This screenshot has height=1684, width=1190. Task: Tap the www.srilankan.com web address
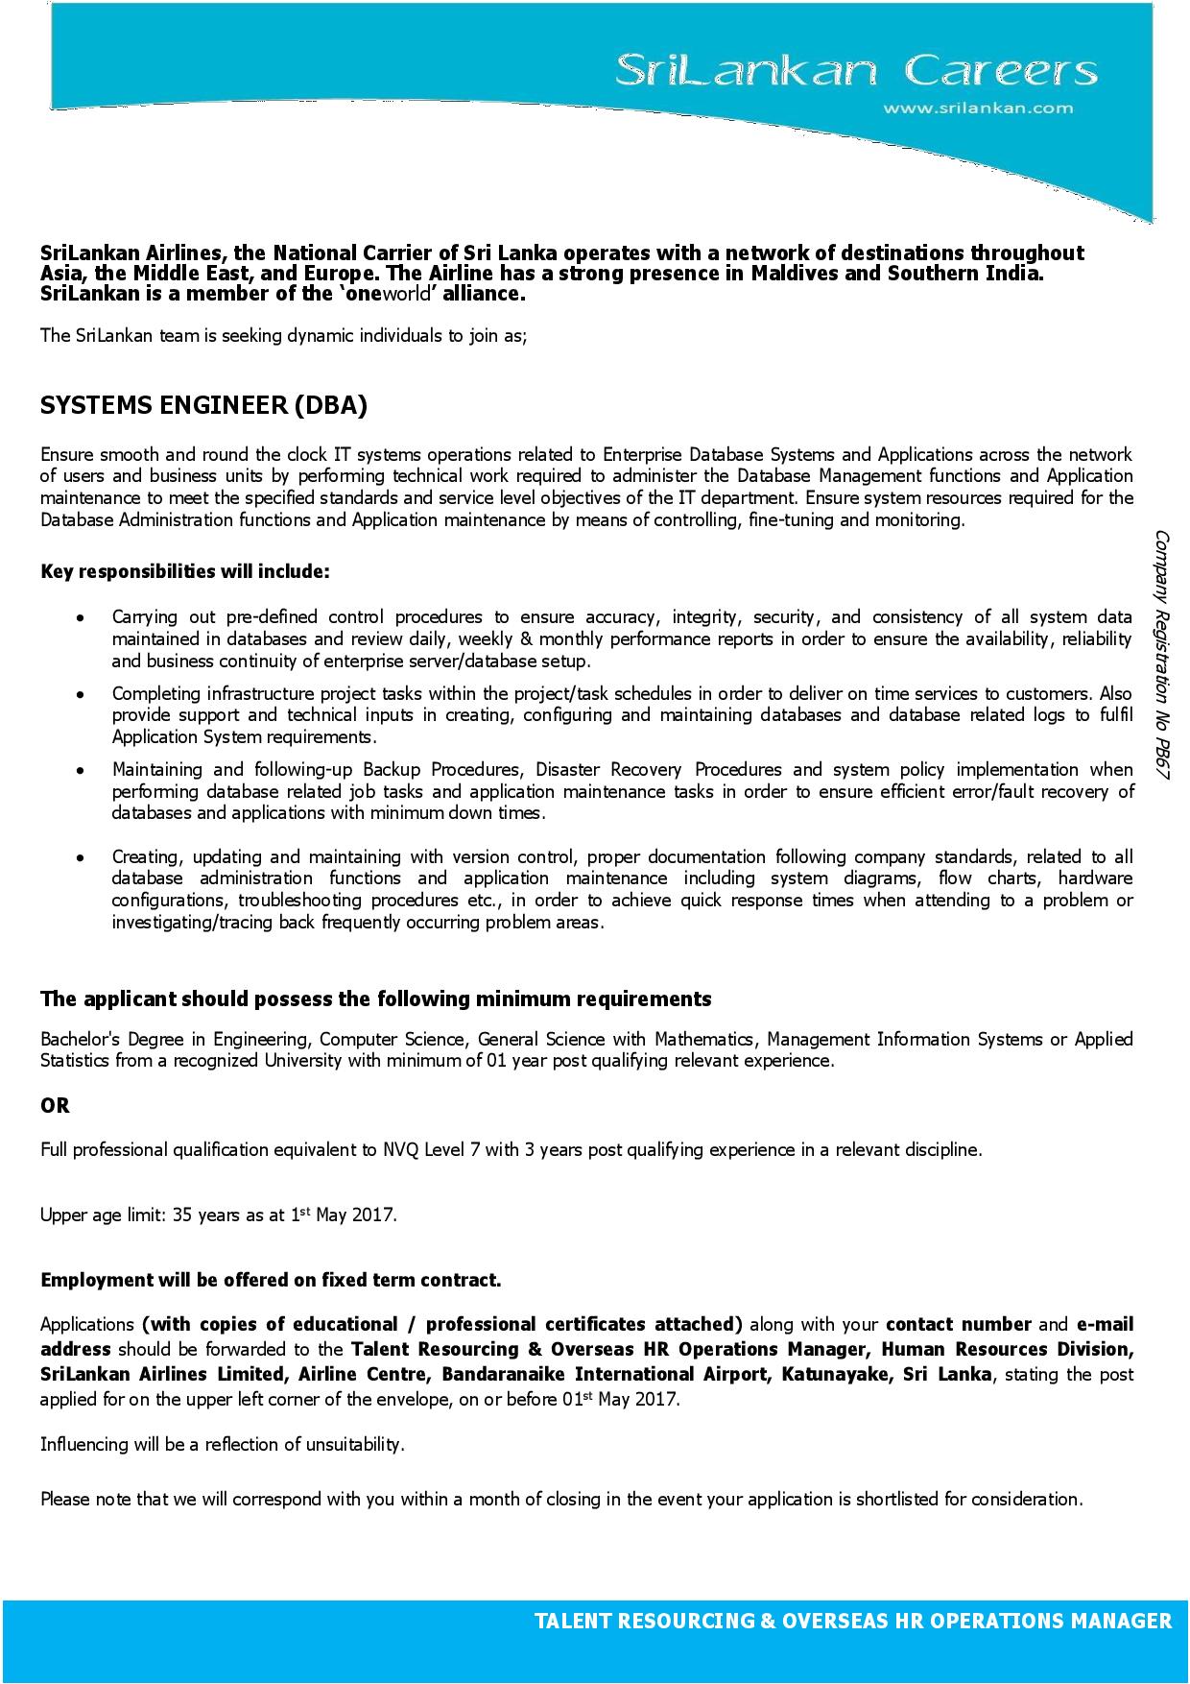pyautogui.click(x=978, y=108)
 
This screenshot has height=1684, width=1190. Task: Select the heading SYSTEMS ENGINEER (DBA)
pyautogui.click(x=203, y=405)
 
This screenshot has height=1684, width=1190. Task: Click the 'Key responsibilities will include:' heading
pyautogui.click(x=185, y=571)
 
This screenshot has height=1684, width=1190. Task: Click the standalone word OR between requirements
pyautogui.click(x=56, y=1105)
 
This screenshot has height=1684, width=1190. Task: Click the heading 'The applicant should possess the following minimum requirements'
pyautogui.click(x=375, y=998)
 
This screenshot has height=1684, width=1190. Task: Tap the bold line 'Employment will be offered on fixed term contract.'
pyautogui.click(x=271, y=1280)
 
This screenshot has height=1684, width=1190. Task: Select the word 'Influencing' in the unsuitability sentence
pyautogui.click(x=83, y=1444)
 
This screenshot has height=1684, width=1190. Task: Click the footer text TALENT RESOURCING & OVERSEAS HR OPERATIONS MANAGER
pyautogui.click(x=852, y=1621)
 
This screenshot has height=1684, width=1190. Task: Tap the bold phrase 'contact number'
pyautogui.click(x=959, y=1325)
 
